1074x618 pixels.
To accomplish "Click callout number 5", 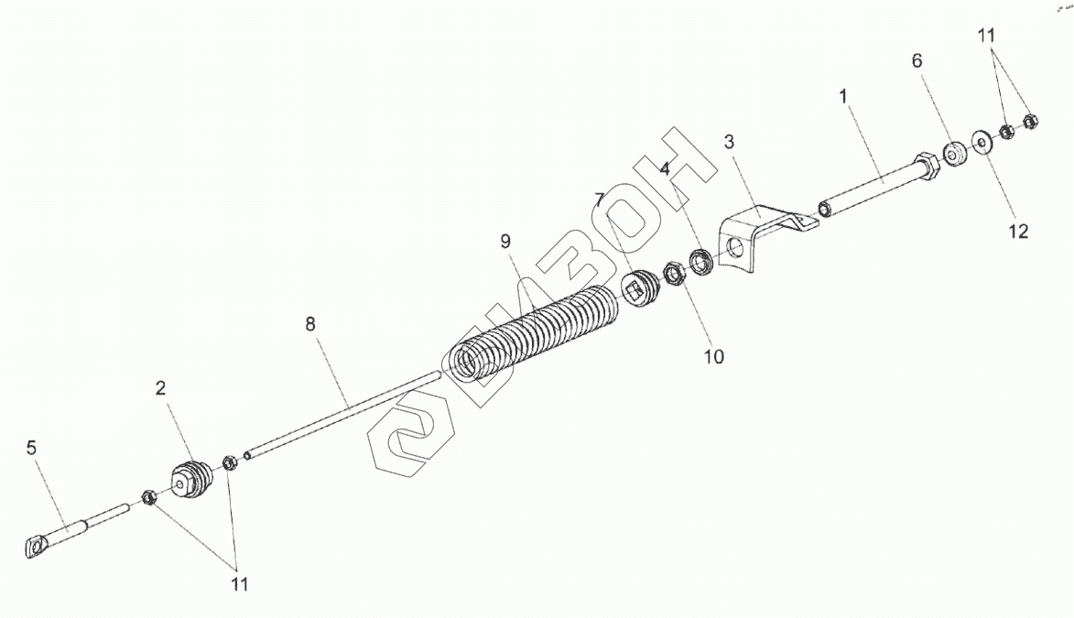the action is (32, 449).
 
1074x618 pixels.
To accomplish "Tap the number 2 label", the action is (160, 388).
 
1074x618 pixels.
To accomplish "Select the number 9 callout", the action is (504, 242).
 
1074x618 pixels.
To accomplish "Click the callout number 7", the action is (599, 200).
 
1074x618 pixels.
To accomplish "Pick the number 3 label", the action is (729, 142).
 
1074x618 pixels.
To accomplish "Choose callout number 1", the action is (843, 94).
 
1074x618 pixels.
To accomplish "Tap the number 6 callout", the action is (917, 61).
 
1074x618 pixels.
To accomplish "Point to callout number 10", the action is (713, 356).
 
